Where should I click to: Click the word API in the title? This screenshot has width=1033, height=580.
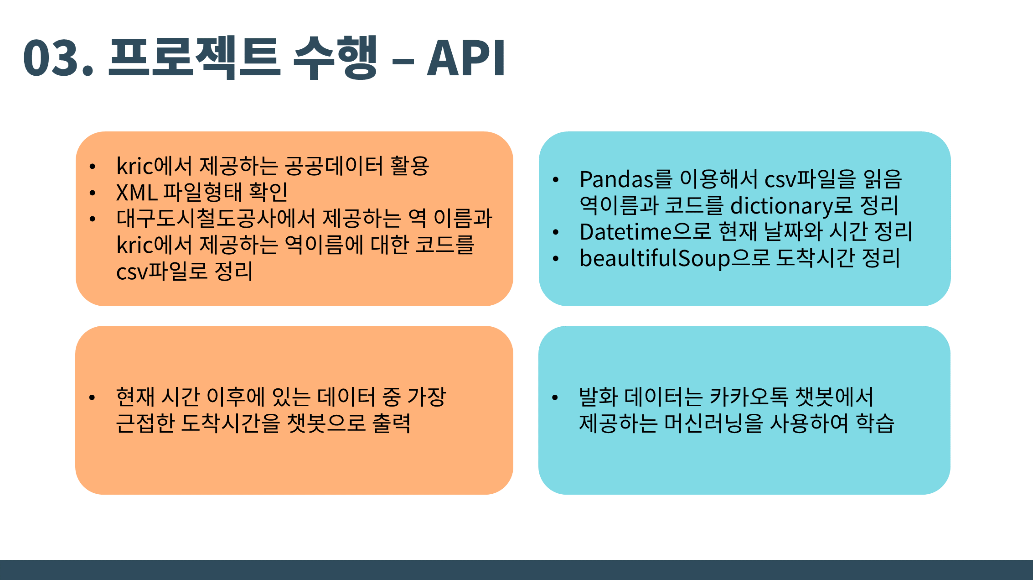(466, 58)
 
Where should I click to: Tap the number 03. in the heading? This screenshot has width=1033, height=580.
(58, 58)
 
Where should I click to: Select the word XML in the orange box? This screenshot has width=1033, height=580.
(137, 192)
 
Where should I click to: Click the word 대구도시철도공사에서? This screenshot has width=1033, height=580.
(216, 218)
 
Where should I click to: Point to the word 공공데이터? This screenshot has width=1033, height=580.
(334, 166)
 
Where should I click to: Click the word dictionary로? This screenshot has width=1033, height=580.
(791, 205)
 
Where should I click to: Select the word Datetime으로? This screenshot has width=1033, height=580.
(645, 232)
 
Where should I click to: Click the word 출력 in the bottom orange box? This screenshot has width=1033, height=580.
(391, 423)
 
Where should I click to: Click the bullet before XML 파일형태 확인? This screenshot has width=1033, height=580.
(93, 193)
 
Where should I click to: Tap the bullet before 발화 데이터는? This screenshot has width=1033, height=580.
(555, 397)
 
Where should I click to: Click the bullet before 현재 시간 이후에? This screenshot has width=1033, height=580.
(92, 397)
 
